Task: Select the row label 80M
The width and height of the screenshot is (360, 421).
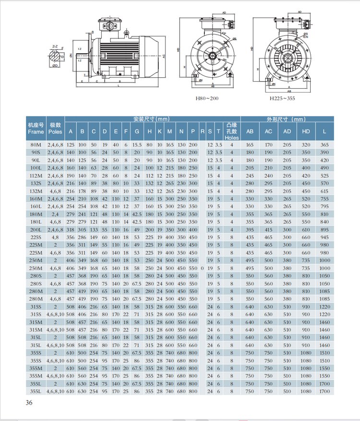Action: coord(36,144)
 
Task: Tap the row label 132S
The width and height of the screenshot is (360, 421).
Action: coord(36,183)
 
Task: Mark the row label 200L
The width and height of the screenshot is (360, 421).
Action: coord(36,229)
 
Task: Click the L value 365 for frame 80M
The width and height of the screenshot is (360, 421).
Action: coord(324,144)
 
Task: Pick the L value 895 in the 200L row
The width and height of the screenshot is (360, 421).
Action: coord(324,229)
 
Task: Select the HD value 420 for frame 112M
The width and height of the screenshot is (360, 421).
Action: coord(305,175)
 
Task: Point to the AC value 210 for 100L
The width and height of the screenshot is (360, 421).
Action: coord(268,168)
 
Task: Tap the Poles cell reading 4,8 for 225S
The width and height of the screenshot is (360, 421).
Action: coord(55,237)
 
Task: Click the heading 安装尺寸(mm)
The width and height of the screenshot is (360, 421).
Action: coord(151,119)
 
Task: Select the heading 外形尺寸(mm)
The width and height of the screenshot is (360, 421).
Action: coord(286,119)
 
